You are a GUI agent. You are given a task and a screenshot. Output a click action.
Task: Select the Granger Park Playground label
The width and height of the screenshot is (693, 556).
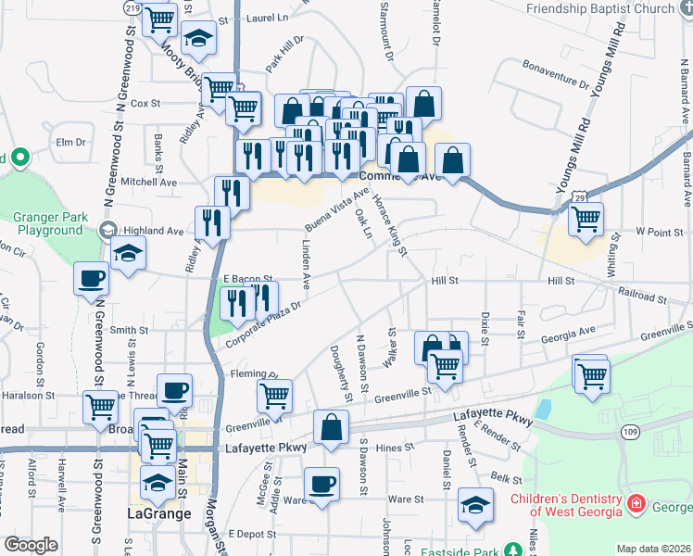48,223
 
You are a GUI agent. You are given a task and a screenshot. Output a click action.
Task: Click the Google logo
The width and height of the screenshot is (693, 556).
31,545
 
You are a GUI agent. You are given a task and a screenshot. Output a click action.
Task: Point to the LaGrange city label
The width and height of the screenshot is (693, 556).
158,512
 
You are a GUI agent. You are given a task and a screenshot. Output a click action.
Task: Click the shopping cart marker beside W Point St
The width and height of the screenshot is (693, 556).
586,220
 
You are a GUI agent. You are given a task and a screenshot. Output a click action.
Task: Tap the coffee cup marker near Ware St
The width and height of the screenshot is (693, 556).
322,484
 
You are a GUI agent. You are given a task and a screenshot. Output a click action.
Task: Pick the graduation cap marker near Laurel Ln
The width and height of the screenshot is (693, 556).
197,38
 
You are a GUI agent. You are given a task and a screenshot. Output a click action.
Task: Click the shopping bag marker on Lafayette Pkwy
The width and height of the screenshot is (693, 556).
332,428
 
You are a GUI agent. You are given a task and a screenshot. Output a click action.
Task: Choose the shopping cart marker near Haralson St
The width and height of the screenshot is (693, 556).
101,406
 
